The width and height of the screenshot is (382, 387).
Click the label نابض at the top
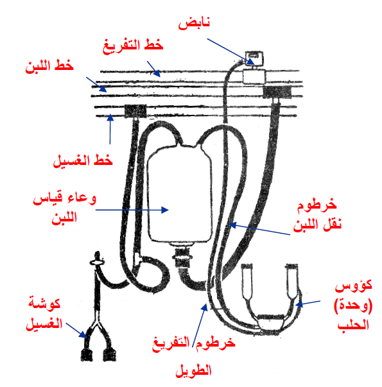point(194,24)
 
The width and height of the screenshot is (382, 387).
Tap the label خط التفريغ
point(133,46)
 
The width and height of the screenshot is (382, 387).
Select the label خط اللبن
point(49,66)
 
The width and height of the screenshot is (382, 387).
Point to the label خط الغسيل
point(83,160)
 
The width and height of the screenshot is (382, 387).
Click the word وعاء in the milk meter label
point(82,199)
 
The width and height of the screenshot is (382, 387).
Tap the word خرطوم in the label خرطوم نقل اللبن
point(317,205)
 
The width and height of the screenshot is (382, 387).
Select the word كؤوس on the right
point(353,286)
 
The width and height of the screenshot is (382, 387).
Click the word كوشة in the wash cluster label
point(44,304)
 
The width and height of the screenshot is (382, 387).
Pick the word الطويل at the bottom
point(193,370)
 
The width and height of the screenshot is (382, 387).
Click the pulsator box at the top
point(254,58)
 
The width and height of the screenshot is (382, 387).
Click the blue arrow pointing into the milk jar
point(132,210)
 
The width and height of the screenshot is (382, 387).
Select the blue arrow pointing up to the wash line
point(110,129)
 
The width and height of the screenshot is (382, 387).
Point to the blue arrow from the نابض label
point(231,51)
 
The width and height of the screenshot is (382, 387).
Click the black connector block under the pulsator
point(277,92)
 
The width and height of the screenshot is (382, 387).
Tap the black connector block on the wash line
point(135,111)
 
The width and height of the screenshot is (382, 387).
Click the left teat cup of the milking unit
point(247,281)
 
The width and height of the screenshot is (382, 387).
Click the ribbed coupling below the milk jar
point(182,257)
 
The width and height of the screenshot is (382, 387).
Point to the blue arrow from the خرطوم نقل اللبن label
point(259,229)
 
